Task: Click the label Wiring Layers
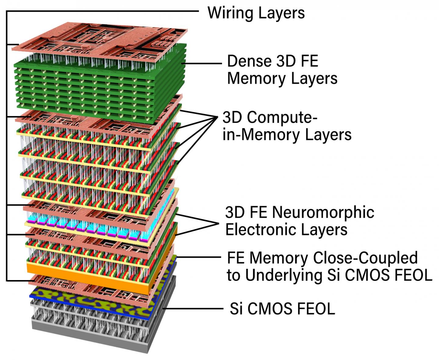tap(256, 13)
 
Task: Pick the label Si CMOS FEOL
tap(282, 309)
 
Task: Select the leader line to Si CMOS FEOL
tap(195, 309)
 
